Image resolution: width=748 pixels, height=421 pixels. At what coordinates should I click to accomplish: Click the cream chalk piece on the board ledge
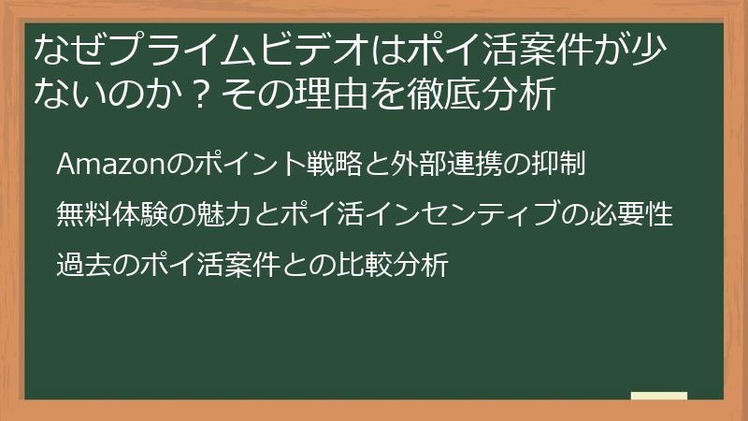(x=658, y=396)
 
